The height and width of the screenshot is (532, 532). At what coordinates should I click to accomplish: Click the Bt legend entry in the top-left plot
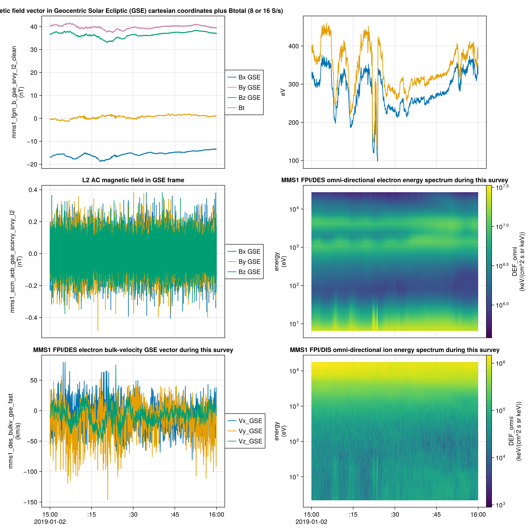click(241, 108)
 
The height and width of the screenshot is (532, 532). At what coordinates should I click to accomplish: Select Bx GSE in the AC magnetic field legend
click(249, 251)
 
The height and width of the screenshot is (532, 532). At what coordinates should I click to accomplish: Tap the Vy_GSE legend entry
click(250, 431)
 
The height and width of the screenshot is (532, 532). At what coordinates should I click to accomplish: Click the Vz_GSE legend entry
click(250, 441)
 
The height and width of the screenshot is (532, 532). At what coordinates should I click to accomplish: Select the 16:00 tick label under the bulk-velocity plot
click(216, 514)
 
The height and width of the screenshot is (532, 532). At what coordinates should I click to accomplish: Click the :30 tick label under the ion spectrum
click(394, 514)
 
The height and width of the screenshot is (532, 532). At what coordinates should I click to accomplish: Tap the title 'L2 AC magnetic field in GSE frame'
click(133, 180)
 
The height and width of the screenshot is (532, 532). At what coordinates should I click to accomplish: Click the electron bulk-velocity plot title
click(133, 350)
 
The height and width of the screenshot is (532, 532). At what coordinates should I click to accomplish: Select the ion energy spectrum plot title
click(394, 350)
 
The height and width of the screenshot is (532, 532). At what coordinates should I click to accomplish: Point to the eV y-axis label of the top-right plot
click(283, 92)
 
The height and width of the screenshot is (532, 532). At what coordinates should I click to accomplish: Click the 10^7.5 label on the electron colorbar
click(502, 188)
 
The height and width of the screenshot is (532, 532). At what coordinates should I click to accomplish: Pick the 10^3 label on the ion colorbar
click(500, 505)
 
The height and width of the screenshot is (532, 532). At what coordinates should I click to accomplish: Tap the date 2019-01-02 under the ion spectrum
click(311, 522)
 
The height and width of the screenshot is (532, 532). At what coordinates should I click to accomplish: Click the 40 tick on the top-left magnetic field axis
click(34, 27)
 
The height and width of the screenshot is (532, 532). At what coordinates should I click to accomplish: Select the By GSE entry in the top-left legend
click(249, 88)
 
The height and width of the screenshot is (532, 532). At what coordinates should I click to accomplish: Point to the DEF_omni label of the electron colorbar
click(514, 261)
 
